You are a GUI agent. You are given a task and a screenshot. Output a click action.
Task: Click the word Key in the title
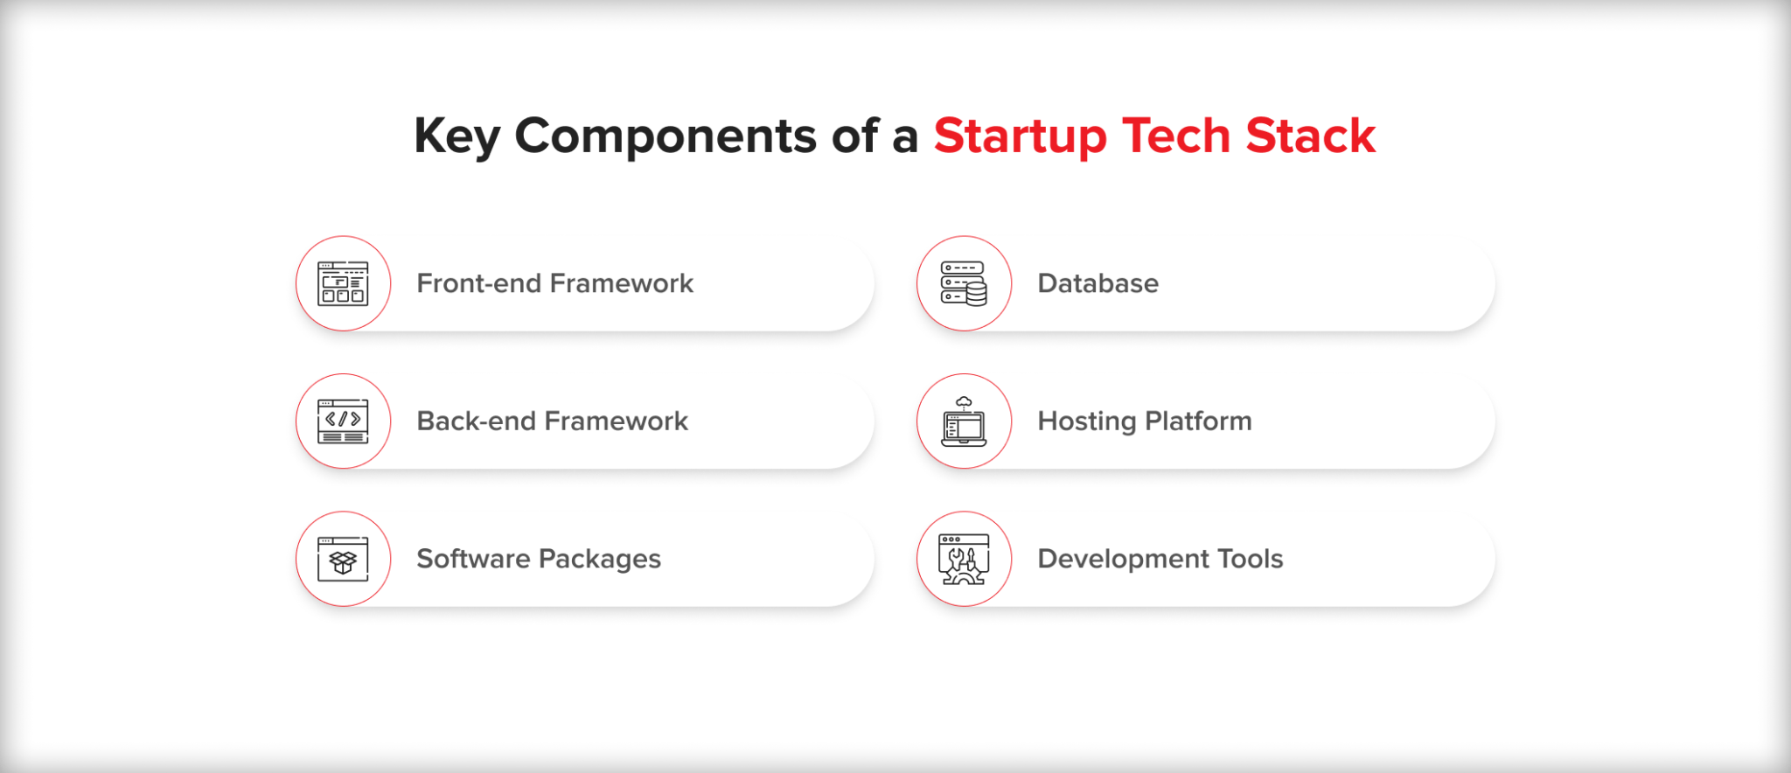pyautogui.click(x=456, y=136)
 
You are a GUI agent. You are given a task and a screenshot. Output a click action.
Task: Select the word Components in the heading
pyautogui.click(x=665, y=136)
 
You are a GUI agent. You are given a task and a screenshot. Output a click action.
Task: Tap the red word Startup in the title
pyautogui.click(x=1020, y=136)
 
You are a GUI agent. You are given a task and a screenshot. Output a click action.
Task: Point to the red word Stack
pyautogui.click(x=1310, y=136)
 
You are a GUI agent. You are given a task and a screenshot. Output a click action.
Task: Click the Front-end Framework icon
pyautogui.click(x=343, y=283)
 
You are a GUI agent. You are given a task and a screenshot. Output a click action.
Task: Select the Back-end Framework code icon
pyautogui.click(x=343, y=421)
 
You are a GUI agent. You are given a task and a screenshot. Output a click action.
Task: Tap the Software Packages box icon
pyautogui.click(x=343, y=560)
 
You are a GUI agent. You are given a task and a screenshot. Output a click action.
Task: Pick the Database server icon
pyautogui.click(x=964, y=283)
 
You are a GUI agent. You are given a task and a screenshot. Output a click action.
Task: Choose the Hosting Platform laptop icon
pyautogui.click(x=964, y=421)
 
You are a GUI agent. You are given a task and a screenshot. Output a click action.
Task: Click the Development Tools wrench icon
pyautogui.click(x=964, y=560)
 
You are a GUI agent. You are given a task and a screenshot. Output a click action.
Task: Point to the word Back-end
pyautogui.click(x=476, y=421)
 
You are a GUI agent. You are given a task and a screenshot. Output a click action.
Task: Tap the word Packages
pyautogui.click(x=600, y=560)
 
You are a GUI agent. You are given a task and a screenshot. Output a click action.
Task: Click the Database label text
pyautogui.click(x=1098, y=283)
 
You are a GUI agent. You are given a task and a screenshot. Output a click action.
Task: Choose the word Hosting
pyautogui.click(x=1087, y=421)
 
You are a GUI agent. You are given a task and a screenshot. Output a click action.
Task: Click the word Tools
pyautogui.click(x=1251, y=559)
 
